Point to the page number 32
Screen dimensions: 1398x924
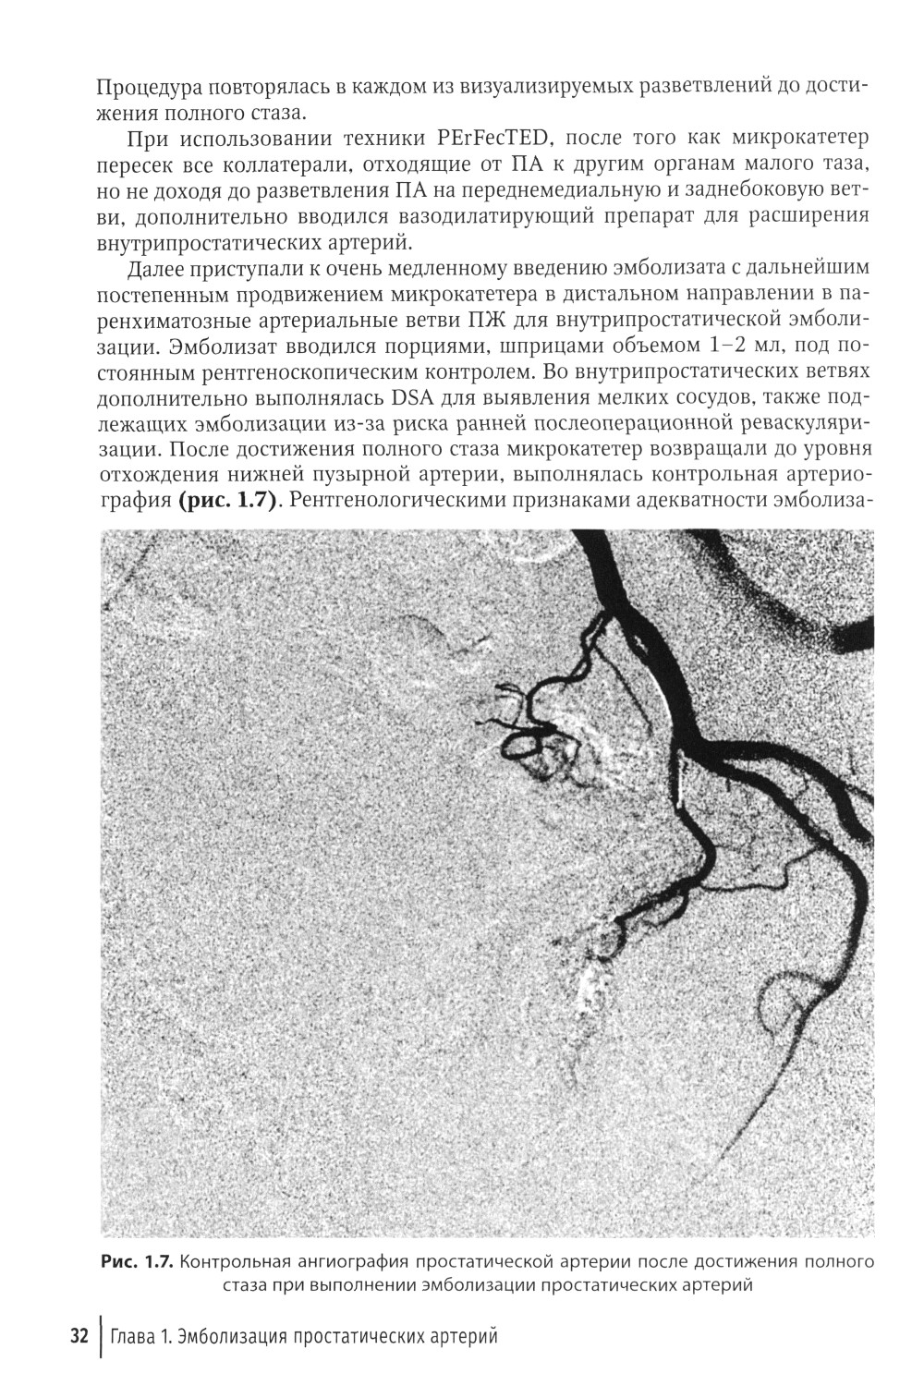click(78, 1337)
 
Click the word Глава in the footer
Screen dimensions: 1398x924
click(135, 1337)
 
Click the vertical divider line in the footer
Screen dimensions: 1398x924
click(98, 1337)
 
